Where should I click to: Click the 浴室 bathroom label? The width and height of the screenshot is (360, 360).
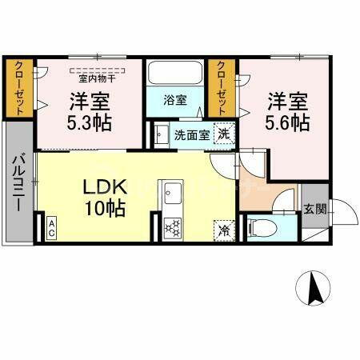coord(175,101)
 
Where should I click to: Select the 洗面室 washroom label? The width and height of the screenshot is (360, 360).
coord(192,134)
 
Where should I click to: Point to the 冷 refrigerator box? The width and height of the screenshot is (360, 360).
coord(223,228)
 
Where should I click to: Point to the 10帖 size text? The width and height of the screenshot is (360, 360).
coord(106,210)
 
